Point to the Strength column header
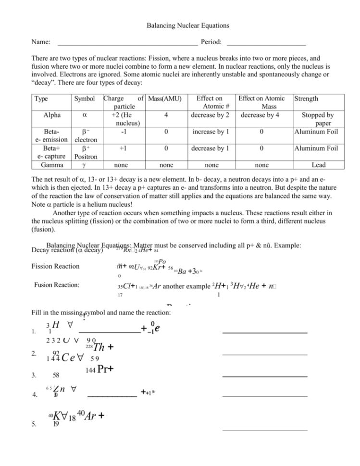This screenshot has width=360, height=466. click(306, 99)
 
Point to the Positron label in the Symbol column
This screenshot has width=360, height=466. click(84, 157)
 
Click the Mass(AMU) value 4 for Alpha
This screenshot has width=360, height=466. click(165, 115)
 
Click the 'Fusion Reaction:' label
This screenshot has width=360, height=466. click(59, 285)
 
